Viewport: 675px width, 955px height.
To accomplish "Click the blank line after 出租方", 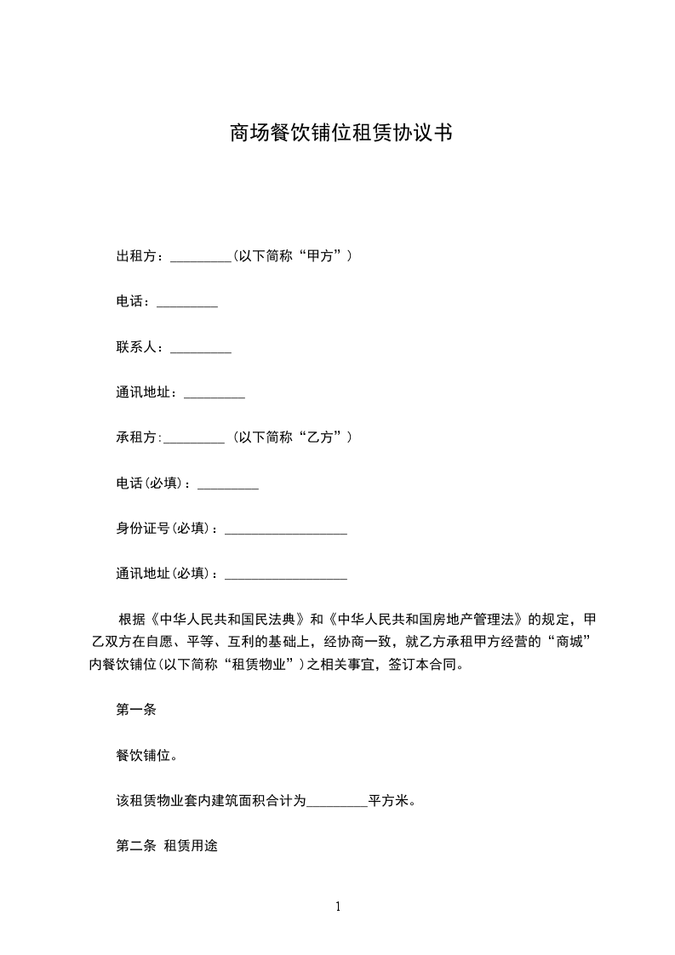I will tap(201, 257).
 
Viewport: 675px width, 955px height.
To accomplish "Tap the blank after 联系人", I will tap(201, 348).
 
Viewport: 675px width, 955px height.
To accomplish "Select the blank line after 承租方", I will tap(193, 439).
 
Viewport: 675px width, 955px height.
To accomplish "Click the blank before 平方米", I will tap(336, 802).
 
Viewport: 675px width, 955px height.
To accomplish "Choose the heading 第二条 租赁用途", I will tap(167, 848).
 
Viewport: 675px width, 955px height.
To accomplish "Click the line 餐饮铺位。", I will tap(146, 756).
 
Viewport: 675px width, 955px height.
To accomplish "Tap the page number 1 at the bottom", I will tap(338, 906).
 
